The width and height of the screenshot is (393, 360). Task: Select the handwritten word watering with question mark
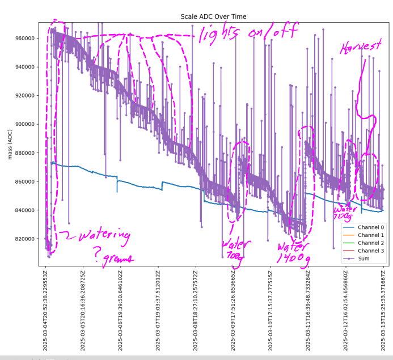[99, 237]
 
